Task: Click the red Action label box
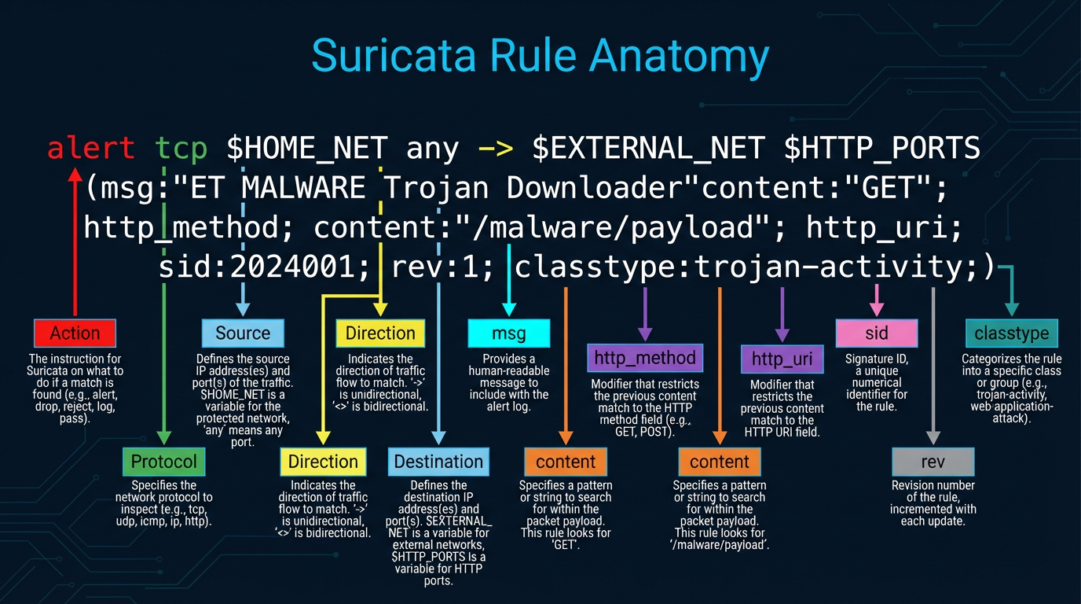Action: point(75,333)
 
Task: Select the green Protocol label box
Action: point(163,461)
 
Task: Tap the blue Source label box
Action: point(243,333)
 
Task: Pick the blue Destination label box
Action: point(438,462)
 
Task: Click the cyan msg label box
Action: point(508,333)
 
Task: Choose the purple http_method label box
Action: point(645,358)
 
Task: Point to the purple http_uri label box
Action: point(782,359)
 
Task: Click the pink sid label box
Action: point(876,333)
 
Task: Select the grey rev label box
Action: point(933,462)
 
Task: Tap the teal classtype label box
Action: point(1011,333)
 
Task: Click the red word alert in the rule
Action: point(90,148)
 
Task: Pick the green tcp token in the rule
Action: point(181,148)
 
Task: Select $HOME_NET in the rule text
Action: point(307,148)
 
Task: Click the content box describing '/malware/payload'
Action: point(719,462)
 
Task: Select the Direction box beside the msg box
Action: point(380,333)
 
